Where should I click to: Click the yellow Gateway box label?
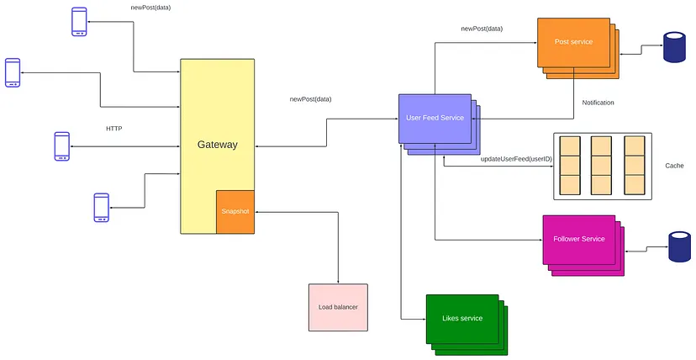218,145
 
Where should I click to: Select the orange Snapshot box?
235,212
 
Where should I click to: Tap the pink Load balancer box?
338,307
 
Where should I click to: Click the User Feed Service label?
435,118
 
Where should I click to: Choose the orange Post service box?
573,42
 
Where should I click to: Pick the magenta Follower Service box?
579,240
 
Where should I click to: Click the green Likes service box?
462,319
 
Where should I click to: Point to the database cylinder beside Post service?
674,46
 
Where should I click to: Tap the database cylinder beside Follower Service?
679,246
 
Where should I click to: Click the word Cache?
674,166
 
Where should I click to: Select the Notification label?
598,103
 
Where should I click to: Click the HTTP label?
114,129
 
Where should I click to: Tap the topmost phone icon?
80,21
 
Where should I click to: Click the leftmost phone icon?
13,72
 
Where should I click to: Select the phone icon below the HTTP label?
61,146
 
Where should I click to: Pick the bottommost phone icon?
101,207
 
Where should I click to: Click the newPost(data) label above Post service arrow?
482,29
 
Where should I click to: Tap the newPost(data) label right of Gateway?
311,99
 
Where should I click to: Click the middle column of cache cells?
602,166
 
